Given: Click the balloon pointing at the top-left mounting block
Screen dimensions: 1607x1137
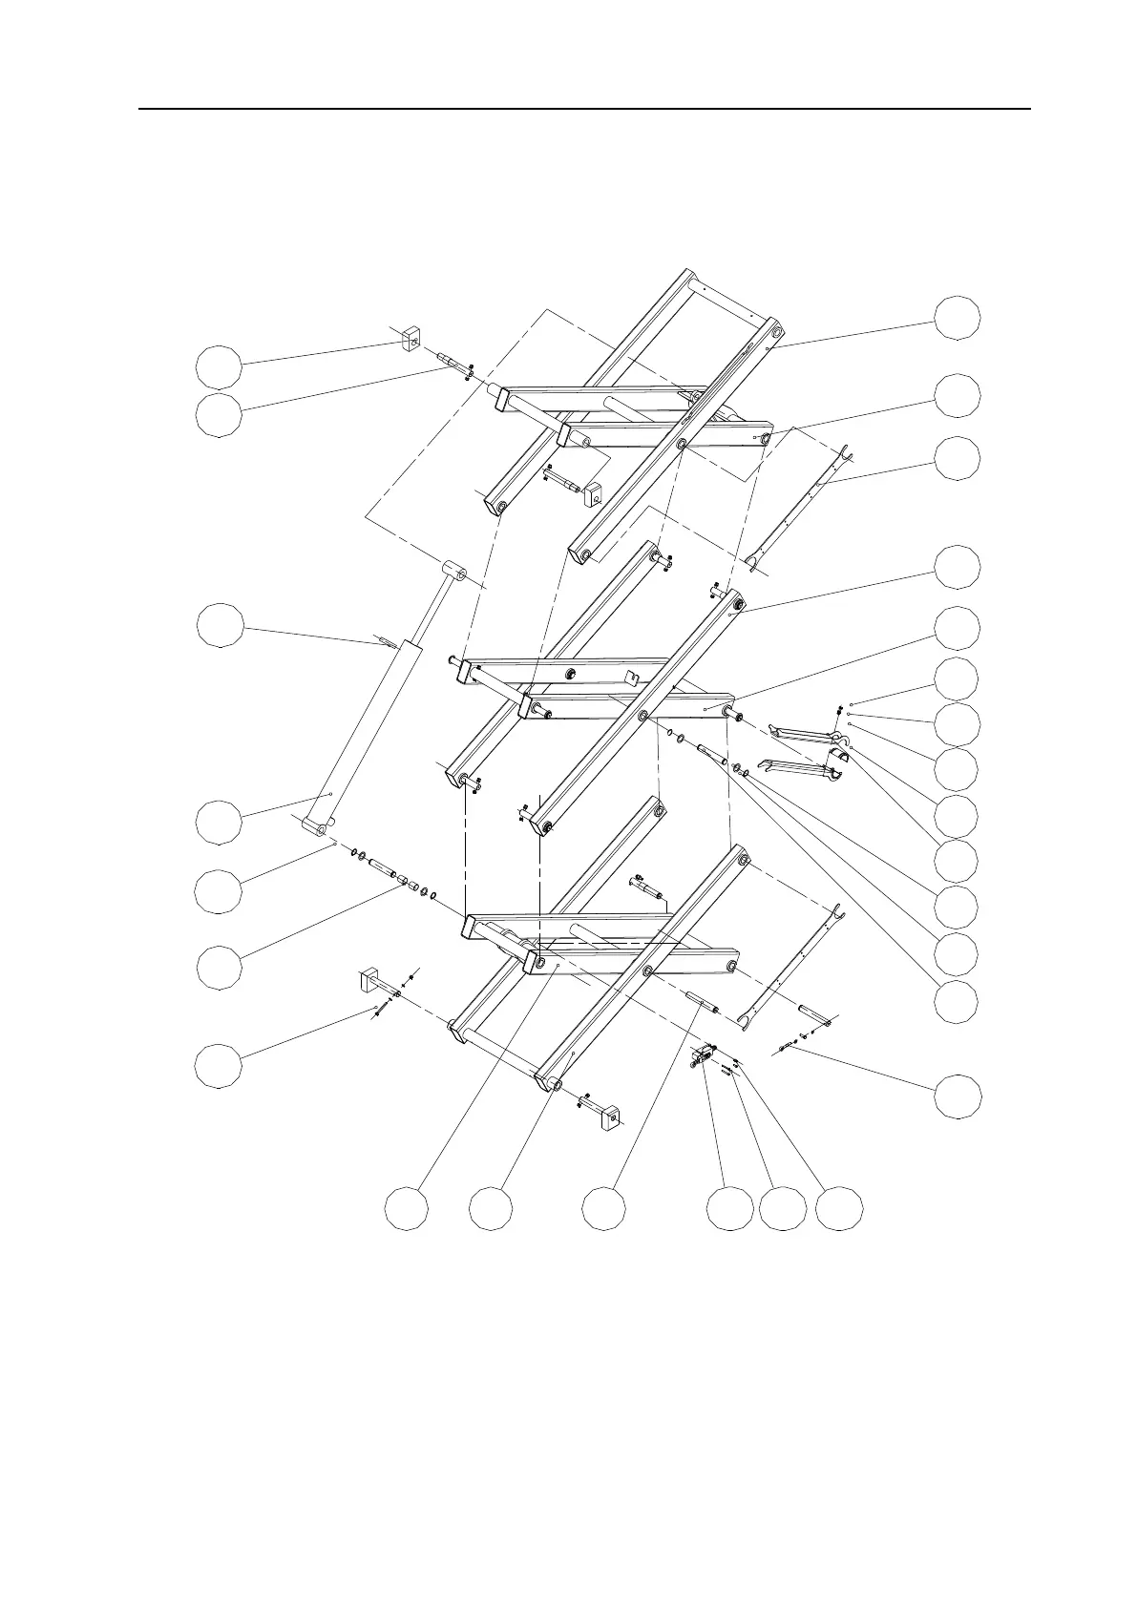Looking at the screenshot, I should (219, 365).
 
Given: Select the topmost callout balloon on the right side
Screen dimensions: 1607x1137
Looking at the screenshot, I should (957, 318).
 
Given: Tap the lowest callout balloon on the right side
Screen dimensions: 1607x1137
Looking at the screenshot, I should (957, 1096).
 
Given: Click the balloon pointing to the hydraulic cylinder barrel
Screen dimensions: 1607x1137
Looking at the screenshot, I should (219, 823).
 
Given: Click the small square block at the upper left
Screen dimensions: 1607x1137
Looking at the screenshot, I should (411, 338).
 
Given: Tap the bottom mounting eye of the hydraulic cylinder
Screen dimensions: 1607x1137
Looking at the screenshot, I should (316, 824).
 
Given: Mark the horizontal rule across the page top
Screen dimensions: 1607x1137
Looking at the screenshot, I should (584, 109).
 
